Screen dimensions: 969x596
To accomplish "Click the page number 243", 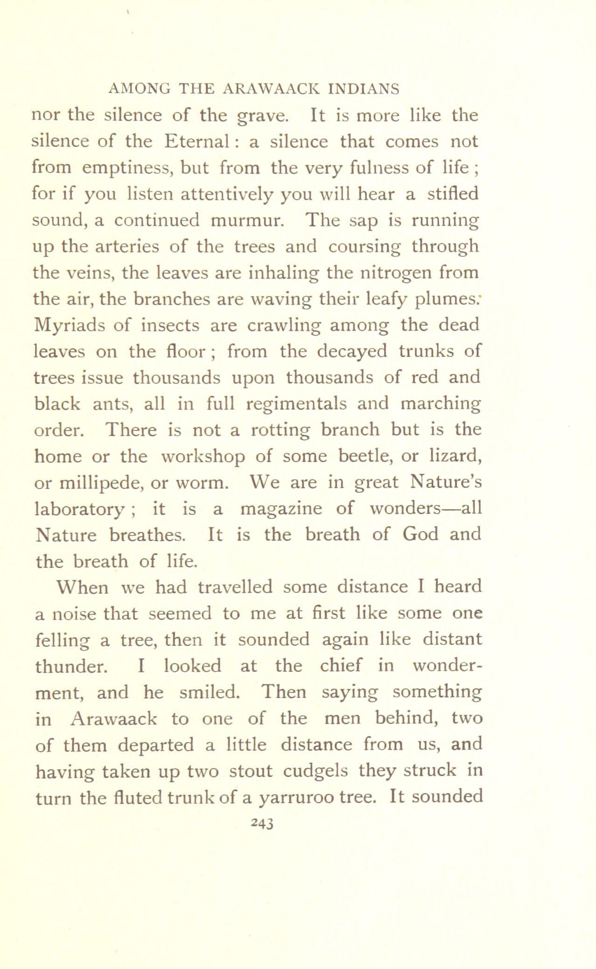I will coord(261,823).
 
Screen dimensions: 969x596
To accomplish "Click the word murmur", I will coord(247,220).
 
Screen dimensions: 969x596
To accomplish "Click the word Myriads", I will coord(70,325).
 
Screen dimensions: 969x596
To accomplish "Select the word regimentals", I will coord(296,404).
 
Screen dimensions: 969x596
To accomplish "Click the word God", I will coord(420,534).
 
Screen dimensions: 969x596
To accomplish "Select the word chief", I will coord(340,666).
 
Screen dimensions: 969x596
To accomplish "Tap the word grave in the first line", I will coord(263,116).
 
